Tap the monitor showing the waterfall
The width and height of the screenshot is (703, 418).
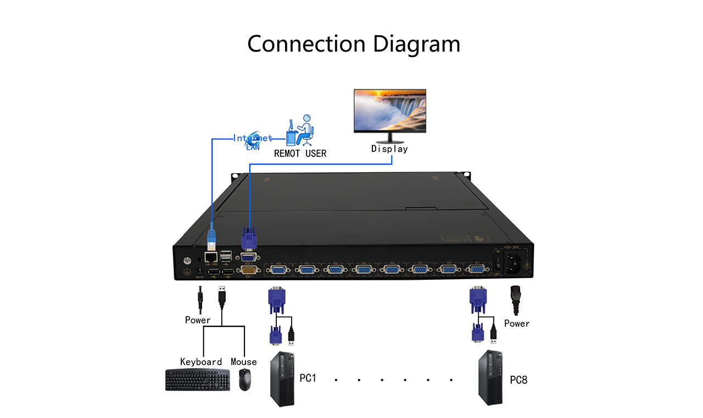click(389, 111)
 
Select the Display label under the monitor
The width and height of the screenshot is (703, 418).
click(389, 149)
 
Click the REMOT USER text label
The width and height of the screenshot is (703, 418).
click(300, 154)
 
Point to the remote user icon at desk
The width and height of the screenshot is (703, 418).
click(300, 130)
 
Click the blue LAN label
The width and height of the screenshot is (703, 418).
click(253, 146)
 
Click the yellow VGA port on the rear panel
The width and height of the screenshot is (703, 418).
click(248, 269)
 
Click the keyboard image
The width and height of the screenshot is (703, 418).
click(198, 380)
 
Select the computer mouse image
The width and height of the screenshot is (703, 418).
click(245, 380)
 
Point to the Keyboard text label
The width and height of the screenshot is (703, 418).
click(201, 362)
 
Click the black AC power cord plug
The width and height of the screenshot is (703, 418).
click(515, 298)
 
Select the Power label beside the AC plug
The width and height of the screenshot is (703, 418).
click(517, 324)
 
